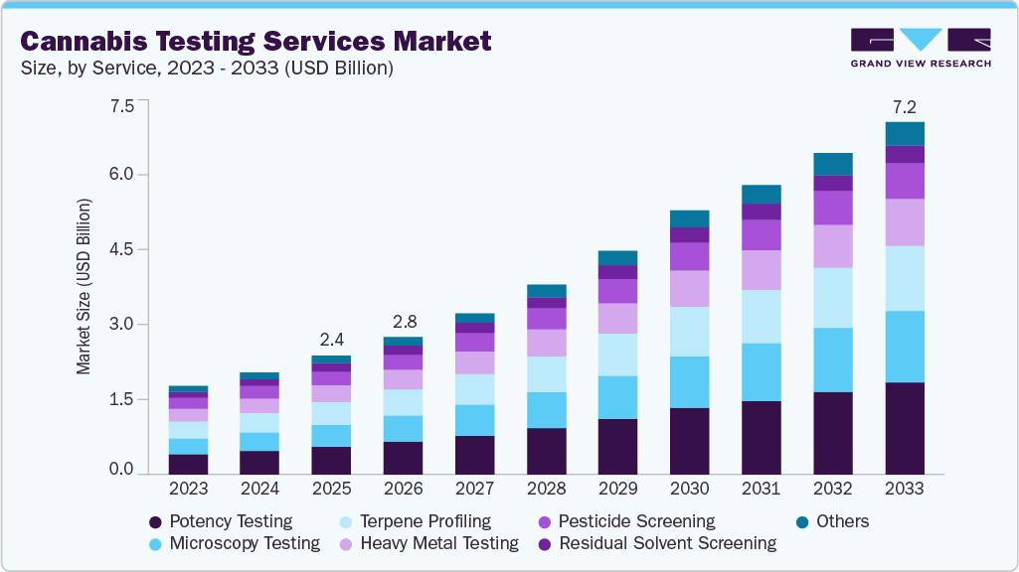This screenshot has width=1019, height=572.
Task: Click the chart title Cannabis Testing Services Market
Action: coord(255,42)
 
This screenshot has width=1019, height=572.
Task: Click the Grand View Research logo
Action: coord(920,47)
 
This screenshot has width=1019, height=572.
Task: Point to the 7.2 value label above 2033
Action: coord(905,105)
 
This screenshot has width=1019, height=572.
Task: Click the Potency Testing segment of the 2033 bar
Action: coord(905,427)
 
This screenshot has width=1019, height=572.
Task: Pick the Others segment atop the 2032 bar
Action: coord(833,164)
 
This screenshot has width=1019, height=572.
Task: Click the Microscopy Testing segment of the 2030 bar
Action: coord(689,382)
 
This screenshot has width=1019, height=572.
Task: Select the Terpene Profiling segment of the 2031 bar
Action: coord(761,317)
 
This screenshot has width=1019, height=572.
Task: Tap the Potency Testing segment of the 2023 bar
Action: coord(188,463)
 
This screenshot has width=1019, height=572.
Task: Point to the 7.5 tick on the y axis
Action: coord(121,106)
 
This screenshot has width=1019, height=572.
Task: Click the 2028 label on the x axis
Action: coord(547,490)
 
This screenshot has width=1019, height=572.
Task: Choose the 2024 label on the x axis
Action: coord(259,490)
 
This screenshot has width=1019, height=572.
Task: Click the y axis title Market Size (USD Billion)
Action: coord(84,287)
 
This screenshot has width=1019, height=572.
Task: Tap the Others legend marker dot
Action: coord(801,522)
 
